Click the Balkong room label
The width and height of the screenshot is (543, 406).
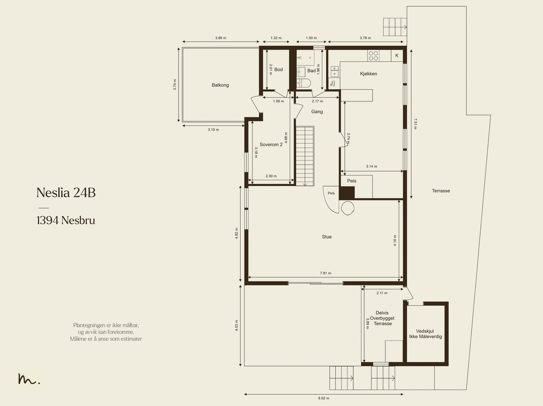[220, 85]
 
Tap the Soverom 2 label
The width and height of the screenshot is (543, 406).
[271, 144]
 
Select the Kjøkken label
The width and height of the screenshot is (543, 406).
[368, 74]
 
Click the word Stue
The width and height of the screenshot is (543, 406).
[326, 237]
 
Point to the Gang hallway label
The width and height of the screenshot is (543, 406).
[317, 111]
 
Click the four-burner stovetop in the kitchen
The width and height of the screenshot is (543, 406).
[373, 56]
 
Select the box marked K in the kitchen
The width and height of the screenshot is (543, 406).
[397, 56]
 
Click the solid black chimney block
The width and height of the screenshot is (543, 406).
[347, 192]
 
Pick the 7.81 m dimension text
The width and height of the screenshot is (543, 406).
[325, 273]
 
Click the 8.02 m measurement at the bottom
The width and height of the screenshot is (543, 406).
[323, 398]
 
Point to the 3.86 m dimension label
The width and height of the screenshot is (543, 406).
[221, 38]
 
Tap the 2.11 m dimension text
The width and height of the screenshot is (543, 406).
[382, 293]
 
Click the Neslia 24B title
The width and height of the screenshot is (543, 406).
[66, 192]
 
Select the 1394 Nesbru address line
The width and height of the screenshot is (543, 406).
[66, 220]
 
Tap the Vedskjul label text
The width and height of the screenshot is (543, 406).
[425, 331]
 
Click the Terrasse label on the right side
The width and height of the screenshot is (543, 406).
[441, 191]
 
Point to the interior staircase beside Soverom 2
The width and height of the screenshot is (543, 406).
[305, 156]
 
